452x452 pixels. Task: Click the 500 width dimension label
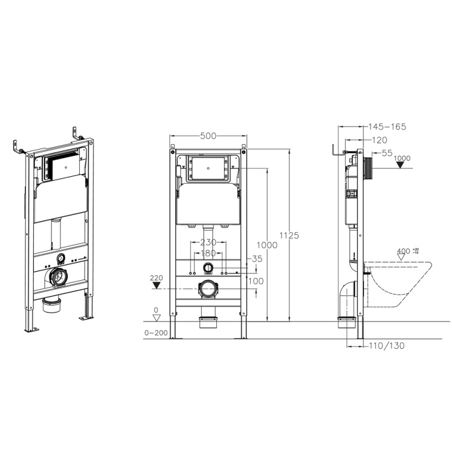click(x=208, y=136)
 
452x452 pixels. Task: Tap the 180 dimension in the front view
click(x=208, y=253)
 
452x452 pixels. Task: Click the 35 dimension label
click(x=257, y=259)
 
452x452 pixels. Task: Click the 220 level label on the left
click(x=157, y=278)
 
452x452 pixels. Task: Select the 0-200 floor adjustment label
click(x=157, y=333)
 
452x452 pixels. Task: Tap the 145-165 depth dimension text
click(x=386, y=127)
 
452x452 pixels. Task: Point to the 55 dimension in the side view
click(x=386, y=153)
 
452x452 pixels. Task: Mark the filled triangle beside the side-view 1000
click(x=402, y=165)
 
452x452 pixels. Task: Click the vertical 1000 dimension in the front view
click(x=267, y=245)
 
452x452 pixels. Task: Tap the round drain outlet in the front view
click(x=208, y=290)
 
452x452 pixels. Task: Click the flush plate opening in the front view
click(x=208, y=168)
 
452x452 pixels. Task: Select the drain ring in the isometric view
click(x=58, y=277)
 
